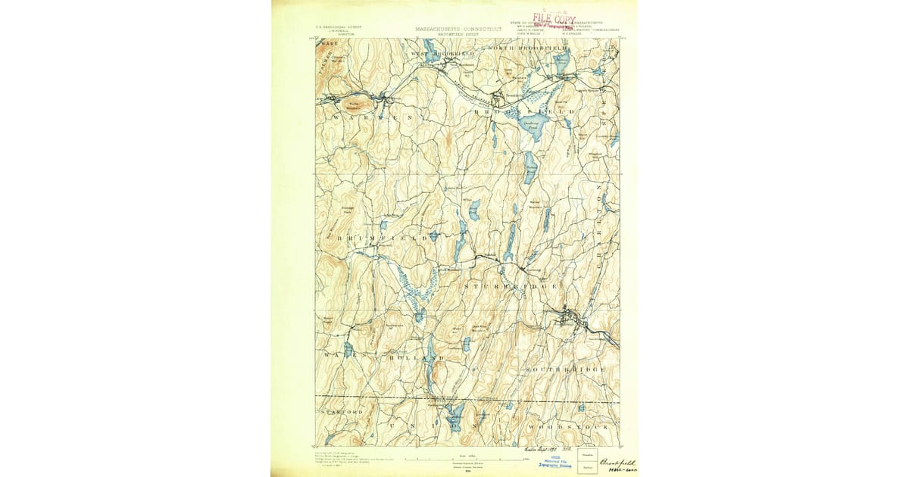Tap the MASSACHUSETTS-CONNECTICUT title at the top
tap(458, 29)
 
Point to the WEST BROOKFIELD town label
tap(442, 55)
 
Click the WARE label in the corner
tap(326, 45)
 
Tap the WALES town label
tap(336, 355)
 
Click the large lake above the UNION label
tap(455, 414)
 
